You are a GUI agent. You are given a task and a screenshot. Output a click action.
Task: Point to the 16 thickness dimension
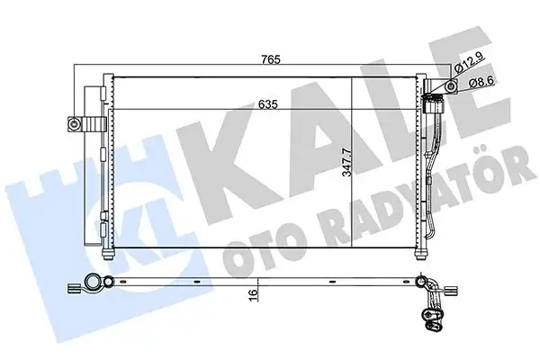click(255, 293)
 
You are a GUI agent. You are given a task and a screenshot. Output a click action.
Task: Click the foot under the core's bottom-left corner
click(110, 255)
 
